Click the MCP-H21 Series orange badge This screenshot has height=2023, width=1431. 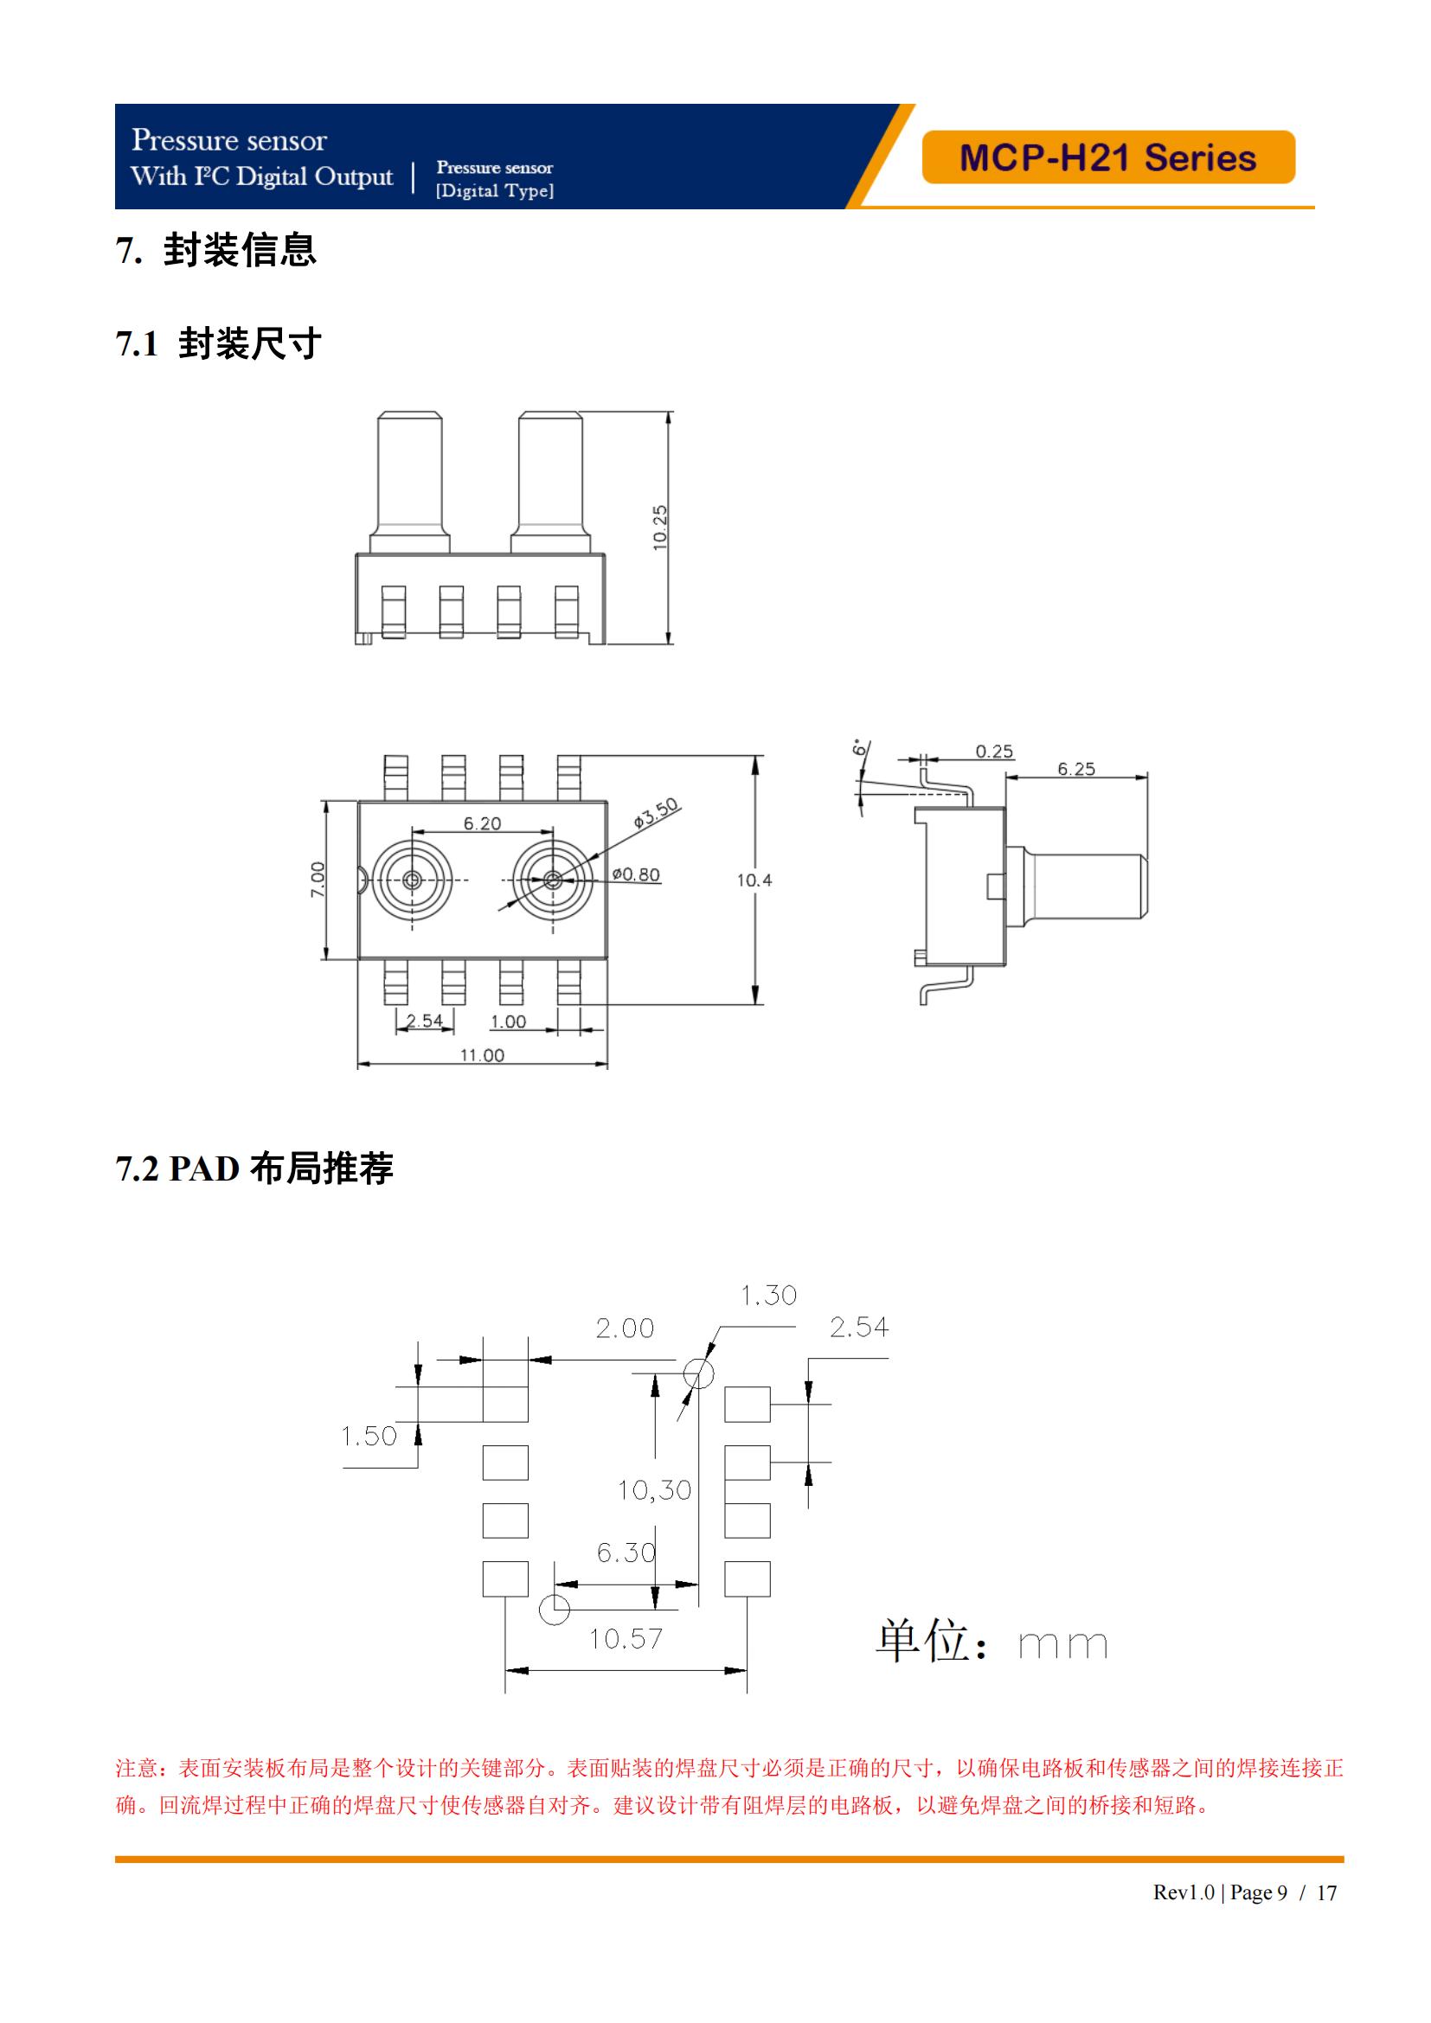(x=1107, y=157)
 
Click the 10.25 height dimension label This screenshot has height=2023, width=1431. (x=660, y=527)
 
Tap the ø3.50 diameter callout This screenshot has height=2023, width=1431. (x=657, y=812)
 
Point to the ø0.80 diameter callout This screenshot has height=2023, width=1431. (x=636, y=874)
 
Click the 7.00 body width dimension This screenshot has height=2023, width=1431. (x=318, y=880)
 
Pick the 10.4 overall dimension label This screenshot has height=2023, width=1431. (x=754, y=880)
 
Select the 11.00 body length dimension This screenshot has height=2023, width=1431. (x=482, y=1054)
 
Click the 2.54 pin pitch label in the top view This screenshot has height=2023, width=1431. (x=424, y=1021)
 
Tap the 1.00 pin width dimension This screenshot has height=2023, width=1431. (x=508, y=1021)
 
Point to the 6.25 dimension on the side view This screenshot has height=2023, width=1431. (x=1076, y=769)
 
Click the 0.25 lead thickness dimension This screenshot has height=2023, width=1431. (x=994, y=752)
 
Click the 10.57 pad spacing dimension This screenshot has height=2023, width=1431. (x=626, y=1638)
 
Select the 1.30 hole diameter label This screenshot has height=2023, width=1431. (x=768, y=1296)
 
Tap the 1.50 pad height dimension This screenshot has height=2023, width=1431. (x=369, y=1436)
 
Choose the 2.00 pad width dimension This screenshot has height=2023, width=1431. (x=625, y=1328)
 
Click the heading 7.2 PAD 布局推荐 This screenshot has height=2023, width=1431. (x=254, y=1168)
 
